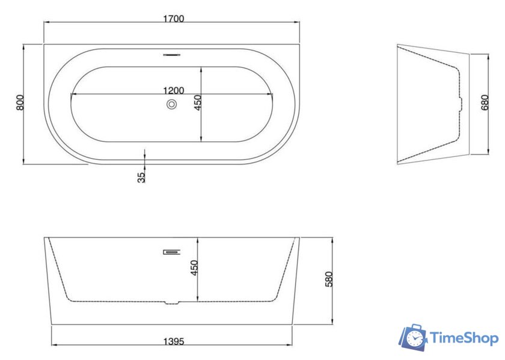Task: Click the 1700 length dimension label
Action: pyautogui.click(x=174, y=19)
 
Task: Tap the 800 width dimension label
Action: pyautogui.click(x=20, y=102)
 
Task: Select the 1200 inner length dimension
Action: pyautogui.click(x=174, y=91)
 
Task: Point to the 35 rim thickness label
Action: pyautogui.click(x=141, y=177)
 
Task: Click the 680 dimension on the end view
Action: pyautogui.click(x=485, y=102)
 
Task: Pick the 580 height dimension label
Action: pyautogui.click(x=328, y=279)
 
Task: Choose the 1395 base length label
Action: pyautogui.click(x=174, y=341)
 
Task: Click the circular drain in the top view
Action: pyautogui.click(x=172, y=105)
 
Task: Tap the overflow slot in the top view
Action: pyautogui.click(x=172, y=55)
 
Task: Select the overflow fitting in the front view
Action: pyautogui.click(x=172, y=252)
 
